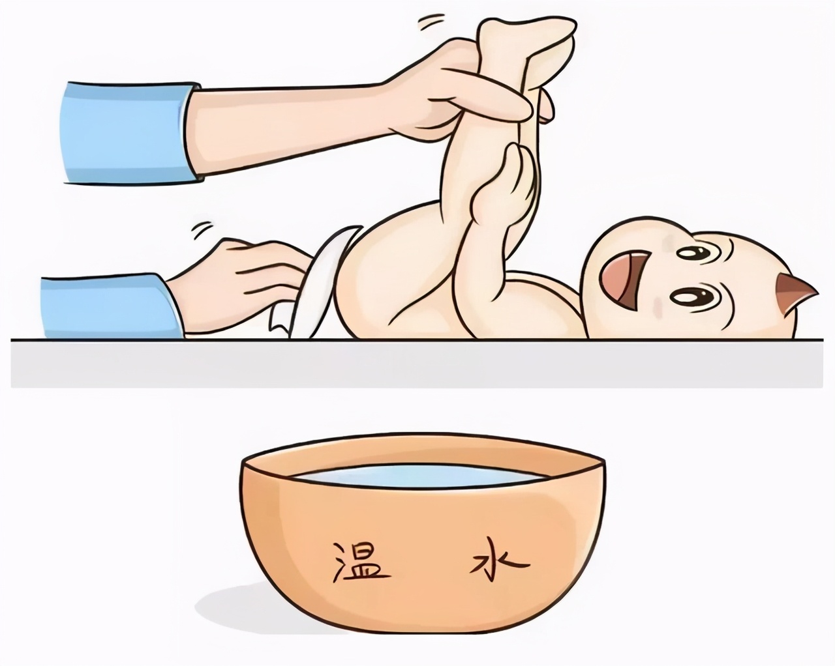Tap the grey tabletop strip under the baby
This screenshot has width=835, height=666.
click(417, 362)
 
